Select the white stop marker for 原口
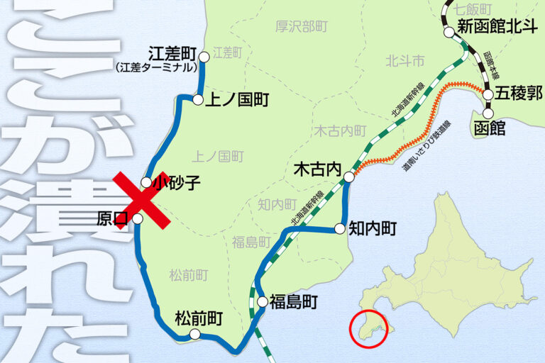tap(138, 219)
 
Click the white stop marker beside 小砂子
tap(146, 182)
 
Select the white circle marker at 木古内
tap(349, 177)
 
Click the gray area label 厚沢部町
tap(302, 27)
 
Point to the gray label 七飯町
tap(473, 9)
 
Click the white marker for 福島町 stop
tap(262, 302)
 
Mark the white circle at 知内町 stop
tap(340, 228)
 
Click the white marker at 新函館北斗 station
tap(449, 31)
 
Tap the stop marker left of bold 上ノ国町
tap(198, 100)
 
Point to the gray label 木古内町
tap(341, 131)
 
